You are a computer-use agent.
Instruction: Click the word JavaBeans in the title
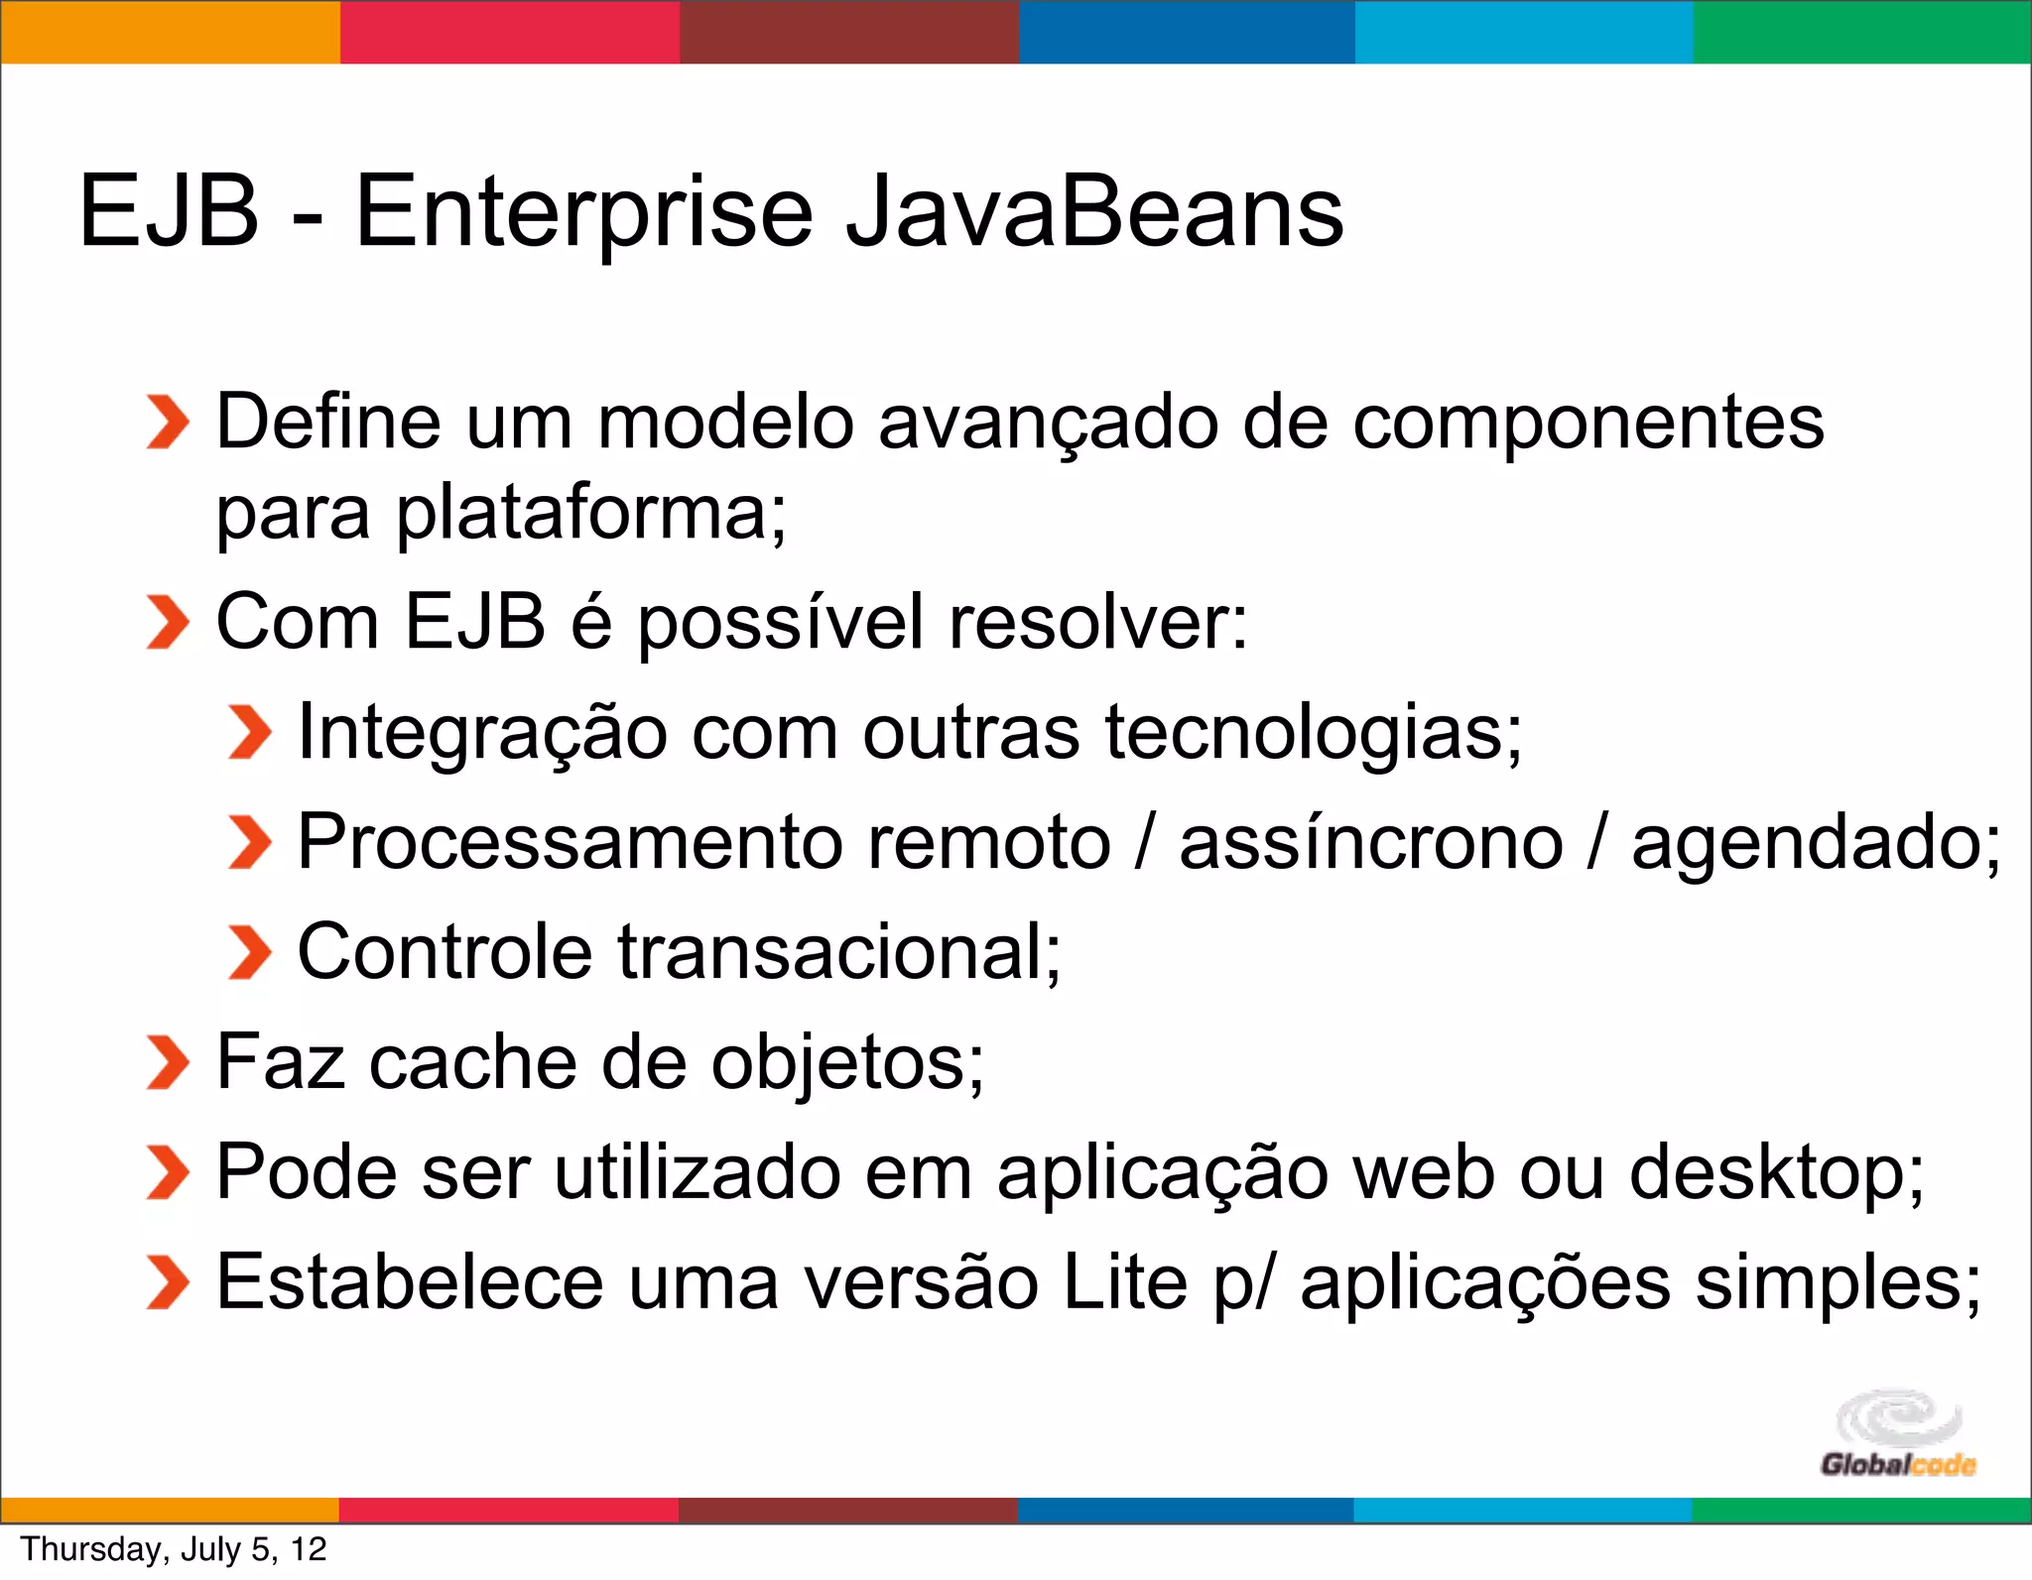click(x=1093, y=211)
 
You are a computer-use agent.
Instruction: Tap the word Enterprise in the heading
click(x=584, y=211)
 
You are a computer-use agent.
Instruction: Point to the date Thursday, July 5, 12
click(x=174, y=1549)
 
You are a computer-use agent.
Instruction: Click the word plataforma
click(x=591, y=514)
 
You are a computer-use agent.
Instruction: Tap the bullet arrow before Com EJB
click(x=167, y=623)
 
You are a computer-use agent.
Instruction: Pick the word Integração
click(x=482, y=732)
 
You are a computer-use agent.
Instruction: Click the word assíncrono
click(x=1370, y=842)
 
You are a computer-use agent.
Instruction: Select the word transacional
click(x=829, y=952)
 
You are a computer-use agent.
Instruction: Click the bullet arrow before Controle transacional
click(x=248, y=952)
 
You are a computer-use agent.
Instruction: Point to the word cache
click(x=473, y=1062)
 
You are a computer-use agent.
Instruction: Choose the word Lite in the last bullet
click(x=1124, y=1282)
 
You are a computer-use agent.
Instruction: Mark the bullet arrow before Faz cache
click(x=167, y=1062)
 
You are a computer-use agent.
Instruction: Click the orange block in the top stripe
click(x=170, y=32)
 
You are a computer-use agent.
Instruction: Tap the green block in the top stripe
click(x=1862, y=32)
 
